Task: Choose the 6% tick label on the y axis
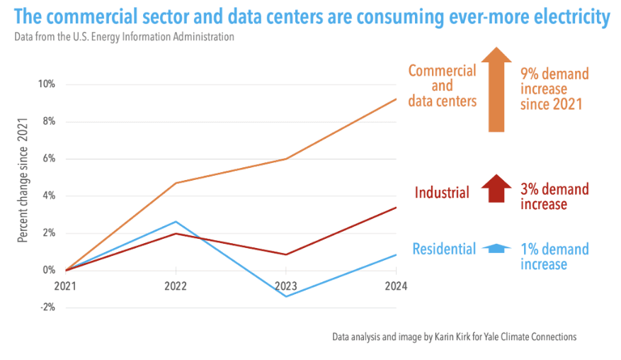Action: [x=48, y=159]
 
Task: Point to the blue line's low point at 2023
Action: [x=286, y=296]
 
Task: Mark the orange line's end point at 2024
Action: [x=396, y=99]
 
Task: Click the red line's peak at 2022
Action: [x=176, y=233]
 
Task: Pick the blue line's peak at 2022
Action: [x=176, y=222]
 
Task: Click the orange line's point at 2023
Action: [x=286, y=159]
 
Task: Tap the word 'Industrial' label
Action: [x=442, y=192]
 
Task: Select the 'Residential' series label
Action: [x=444, y=249]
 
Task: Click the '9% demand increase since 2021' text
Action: [x=554, y=89]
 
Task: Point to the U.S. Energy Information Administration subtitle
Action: [x=124, y=37]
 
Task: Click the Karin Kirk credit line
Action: [x=454, y=337]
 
